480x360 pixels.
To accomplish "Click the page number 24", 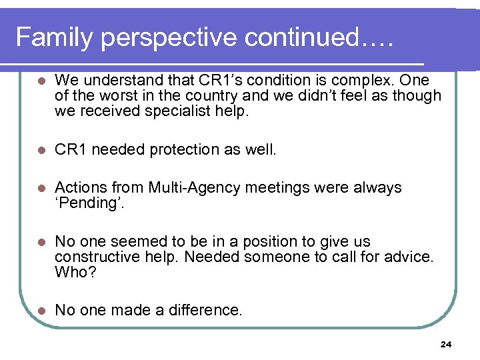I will pos(446,345).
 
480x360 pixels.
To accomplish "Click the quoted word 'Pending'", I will pos(89,203).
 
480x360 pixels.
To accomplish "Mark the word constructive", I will pos(96,256).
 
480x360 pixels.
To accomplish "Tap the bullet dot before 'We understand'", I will pos(41,81).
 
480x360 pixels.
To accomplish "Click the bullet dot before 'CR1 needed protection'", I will pos(41,150).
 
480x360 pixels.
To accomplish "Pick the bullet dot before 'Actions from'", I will pos(41,189).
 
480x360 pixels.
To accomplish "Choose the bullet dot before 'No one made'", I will pos(41,311).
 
